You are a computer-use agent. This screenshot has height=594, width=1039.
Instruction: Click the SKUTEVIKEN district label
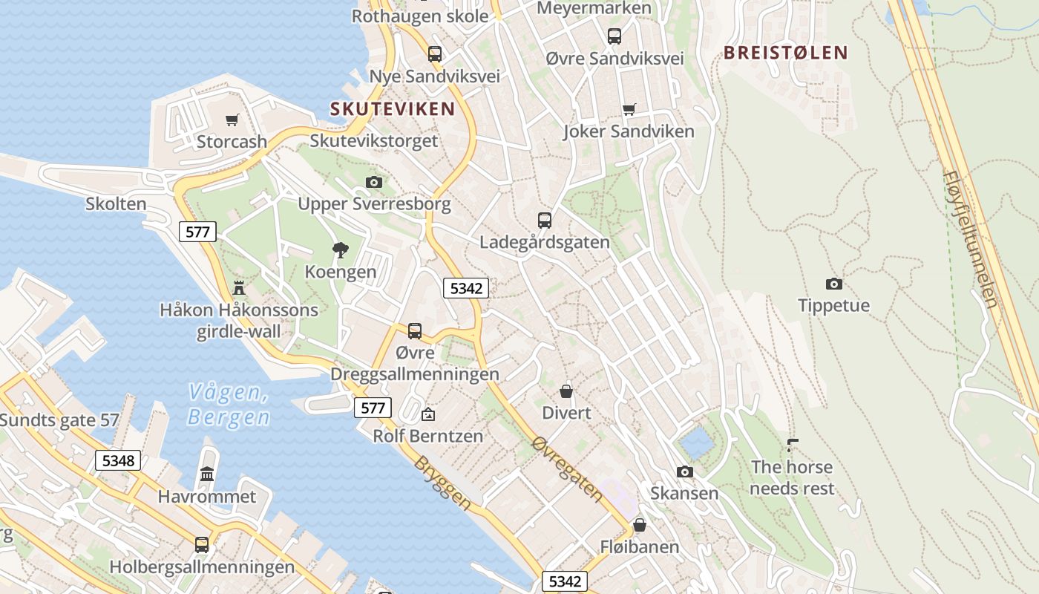[x=393, y=109]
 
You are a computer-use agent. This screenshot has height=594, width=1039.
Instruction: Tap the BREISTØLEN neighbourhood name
[x=785, y=53]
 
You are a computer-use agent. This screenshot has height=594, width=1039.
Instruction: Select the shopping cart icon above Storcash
[x=232, y=120]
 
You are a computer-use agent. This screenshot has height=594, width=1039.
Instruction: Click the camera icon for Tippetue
[x=833, y=284]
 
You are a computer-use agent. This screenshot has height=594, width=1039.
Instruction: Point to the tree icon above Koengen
[x=341, y=250]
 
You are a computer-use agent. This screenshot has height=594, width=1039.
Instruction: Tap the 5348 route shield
[x=118, y=460]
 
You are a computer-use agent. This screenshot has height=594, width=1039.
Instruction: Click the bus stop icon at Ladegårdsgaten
[x=545, y=220]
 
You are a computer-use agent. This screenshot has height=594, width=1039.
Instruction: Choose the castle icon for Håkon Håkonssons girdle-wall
[x=239, y=287]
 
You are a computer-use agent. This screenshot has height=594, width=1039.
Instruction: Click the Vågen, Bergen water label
[x=228, y=404]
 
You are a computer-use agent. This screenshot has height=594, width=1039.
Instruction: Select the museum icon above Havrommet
[x=207, y=474]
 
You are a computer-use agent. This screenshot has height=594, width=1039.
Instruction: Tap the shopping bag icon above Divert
[x=566, y=391]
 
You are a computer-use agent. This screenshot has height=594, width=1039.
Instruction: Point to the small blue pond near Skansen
[x=697, y=443]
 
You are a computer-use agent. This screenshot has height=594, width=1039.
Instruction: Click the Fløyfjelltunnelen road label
[x=971, y=239]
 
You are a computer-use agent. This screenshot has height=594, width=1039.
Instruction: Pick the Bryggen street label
[x=442, y=483]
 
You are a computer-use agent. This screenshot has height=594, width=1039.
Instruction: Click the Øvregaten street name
[x=567, y=468]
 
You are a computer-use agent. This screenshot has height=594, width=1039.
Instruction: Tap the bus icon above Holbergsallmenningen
[x=201, y=544]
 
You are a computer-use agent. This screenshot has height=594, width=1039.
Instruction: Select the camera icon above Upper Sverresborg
[x=374, y=182]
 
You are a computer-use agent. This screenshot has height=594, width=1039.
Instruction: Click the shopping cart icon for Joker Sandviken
[x=629, y=110]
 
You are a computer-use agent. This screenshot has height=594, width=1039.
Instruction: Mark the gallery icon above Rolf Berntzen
[x=427, y=414]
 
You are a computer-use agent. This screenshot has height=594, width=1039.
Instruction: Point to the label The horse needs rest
[x=792, y=477]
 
